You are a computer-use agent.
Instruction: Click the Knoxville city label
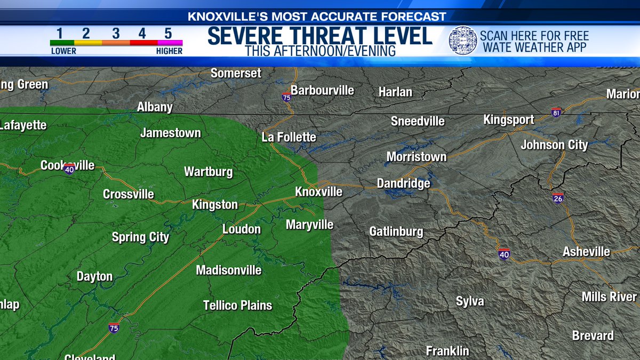(318, 191)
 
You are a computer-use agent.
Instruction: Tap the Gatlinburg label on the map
(396, 231)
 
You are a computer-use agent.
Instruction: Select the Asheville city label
(586, 252)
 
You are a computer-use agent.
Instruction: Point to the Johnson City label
(554, 145)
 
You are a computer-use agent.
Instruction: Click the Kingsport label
(508, 120)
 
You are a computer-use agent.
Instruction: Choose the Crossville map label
(129, 194)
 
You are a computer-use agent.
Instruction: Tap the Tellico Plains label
(237, 306)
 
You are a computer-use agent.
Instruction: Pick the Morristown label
(416, 157)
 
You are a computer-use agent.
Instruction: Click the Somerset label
(236, 73)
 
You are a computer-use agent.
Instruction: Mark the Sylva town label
(470, 301)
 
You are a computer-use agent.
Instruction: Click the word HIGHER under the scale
(169, 51)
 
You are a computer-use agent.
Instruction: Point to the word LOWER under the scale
(63, 51)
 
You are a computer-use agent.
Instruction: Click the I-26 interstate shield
(558, 198)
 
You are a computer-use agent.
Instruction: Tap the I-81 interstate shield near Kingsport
(556, 112)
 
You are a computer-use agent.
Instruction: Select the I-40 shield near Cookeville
(69, 169)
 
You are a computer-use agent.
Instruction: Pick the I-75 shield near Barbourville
(286, 97)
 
